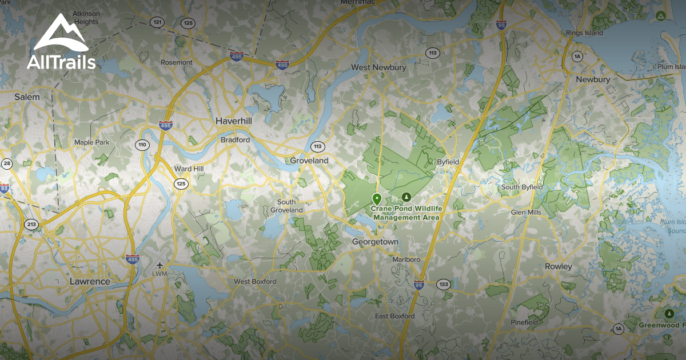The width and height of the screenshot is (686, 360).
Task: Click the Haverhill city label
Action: tap(234, 121)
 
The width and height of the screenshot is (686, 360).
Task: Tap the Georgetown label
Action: tap(375, 242)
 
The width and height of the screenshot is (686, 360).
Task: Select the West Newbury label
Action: tap(378, 67)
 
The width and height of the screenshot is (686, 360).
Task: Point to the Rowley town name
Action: tap(559, 266)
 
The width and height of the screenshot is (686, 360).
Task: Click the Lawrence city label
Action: tap(89, 282)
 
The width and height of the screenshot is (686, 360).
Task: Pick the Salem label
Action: tap(27, 97)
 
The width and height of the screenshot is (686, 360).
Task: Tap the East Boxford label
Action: tap(394, 316)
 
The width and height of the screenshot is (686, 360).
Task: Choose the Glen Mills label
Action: tap(526, 212)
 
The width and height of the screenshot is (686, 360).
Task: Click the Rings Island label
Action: tap(584, 33)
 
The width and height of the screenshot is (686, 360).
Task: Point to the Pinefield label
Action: tap(524, 322)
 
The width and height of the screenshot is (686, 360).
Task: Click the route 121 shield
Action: tap(157, 22)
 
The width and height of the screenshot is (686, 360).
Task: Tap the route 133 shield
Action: tap(444, 284)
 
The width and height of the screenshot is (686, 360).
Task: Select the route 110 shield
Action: tap(142, 145)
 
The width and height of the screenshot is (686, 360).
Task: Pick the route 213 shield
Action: tap(31, 224)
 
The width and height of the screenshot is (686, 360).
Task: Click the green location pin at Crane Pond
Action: tap(377, 199)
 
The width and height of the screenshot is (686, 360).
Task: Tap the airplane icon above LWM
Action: tap(159, 265)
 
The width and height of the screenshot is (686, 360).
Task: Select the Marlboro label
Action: tap(406, 259)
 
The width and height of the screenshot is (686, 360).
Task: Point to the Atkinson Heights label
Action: tap(86, 17)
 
